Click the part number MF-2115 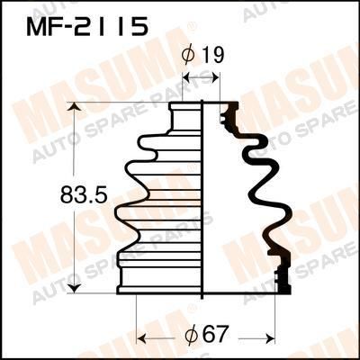pos(87,26)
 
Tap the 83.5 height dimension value pos(84,196)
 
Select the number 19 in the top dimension pos(212,55)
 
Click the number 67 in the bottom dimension pos(215,334)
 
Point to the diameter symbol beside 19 pos(189,56)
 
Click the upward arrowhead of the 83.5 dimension pos(74,107)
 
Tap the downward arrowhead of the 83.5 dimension pos(74,288)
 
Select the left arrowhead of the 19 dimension pos(187,78)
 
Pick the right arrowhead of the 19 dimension pos(215,78)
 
